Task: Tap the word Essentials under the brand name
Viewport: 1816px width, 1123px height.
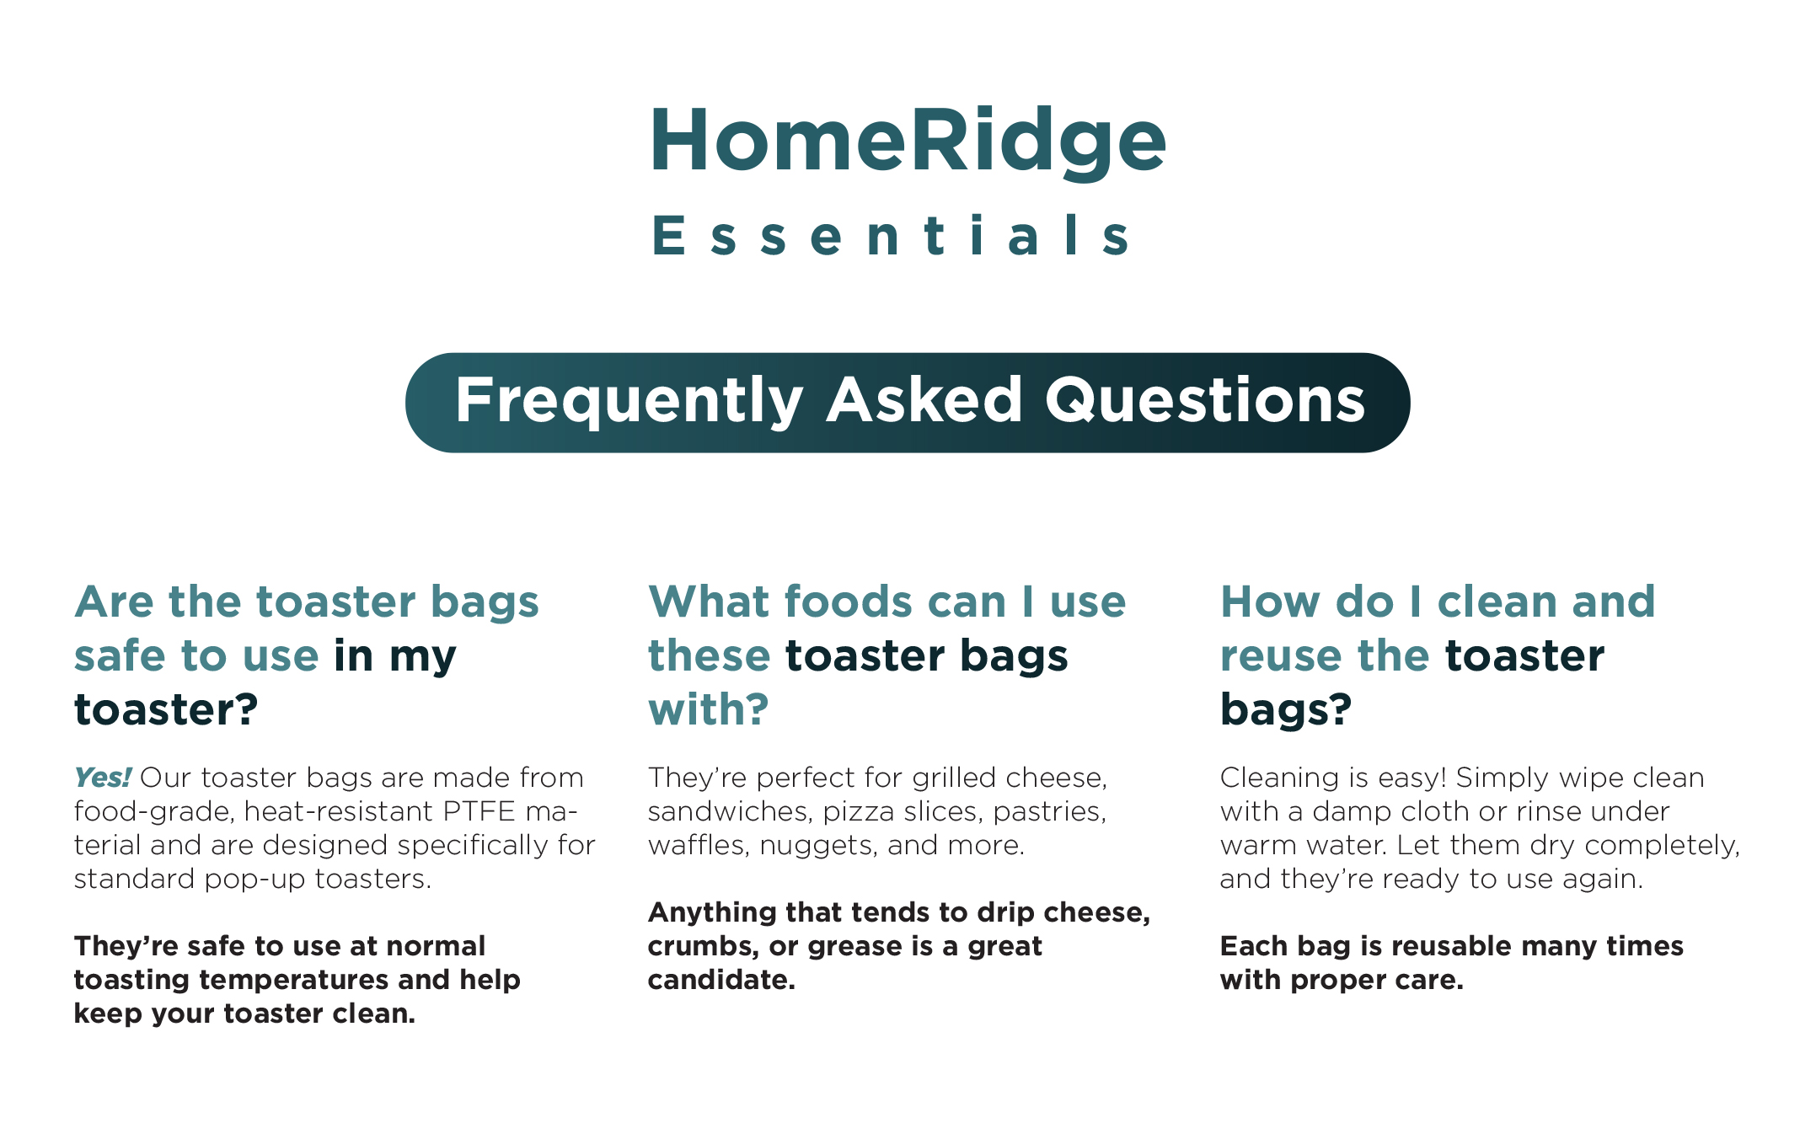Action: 892,235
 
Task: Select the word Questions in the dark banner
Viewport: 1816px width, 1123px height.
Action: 1205,401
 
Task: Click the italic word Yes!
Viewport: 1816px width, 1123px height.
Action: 102,777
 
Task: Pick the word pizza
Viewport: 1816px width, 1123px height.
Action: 853,812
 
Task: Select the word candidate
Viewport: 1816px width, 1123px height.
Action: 721,980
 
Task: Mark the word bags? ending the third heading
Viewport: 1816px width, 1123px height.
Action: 1286,709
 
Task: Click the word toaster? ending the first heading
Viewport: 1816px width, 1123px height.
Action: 166,709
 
